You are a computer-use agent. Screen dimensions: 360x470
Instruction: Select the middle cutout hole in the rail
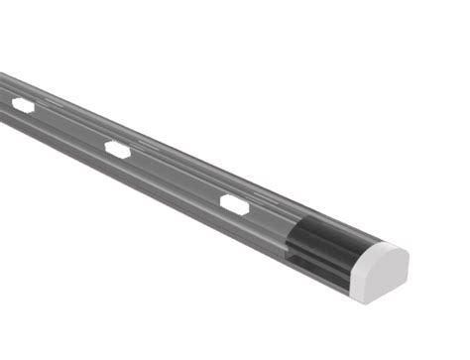tap(118, 151)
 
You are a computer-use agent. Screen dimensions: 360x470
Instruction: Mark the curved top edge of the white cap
tap(383, 248)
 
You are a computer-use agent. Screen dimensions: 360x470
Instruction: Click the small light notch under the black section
tap(299, 260)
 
